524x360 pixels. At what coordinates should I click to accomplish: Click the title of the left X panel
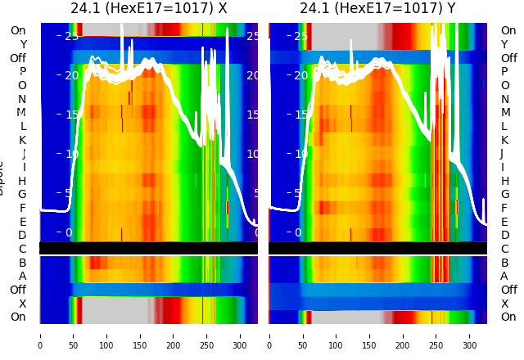click(148, 8)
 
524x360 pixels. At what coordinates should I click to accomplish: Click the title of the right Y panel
click(377, 8)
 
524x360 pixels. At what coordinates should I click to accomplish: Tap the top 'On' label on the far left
click(18, 31)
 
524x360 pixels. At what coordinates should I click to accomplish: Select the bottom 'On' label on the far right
click(508, 317)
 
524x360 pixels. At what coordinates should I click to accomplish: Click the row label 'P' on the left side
click(23, 72)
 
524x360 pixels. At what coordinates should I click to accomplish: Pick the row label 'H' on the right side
click(504, 181)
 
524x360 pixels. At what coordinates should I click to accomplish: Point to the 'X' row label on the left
click(23, 304)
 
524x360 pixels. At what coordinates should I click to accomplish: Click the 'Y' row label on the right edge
click(504, 45)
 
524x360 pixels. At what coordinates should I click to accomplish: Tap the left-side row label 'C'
click(23, 249)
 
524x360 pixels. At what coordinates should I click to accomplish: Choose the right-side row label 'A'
click(504, 277)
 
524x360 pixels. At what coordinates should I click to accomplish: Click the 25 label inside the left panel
click(71, 36)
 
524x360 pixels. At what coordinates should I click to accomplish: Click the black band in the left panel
click(148, 248)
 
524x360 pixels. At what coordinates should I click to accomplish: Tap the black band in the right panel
click(377, 248)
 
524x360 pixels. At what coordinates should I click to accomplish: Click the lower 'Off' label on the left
click(18, 290)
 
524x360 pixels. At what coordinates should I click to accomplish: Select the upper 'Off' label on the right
click(508, 58)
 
